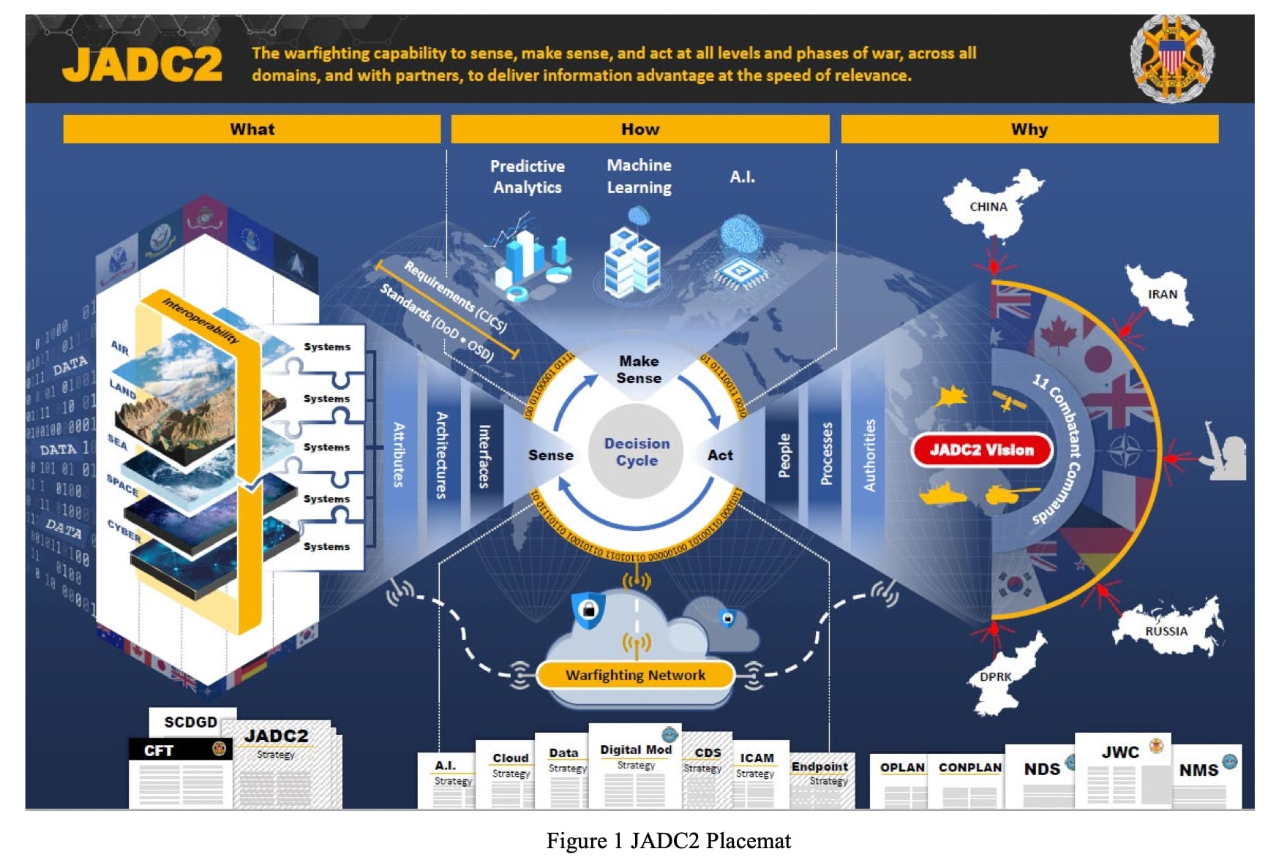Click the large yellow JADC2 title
coord(142,64)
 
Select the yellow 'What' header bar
coord(252,129)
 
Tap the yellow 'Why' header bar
coord(1029,129)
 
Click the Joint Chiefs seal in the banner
coord(1171,58)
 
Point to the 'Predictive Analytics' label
coord(527,177)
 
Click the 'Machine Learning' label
coord(639,176)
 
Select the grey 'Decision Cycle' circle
coord(637,452)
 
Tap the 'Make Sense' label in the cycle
coord(639,369)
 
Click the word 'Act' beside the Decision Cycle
coord(720,455)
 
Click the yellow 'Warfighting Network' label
coord(635,675)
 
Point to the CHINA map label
coord(988,207)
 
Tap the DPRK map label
coord(995,677)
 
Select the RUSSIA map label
coord(1166,631)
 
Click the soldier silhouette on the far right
coord(1226,452)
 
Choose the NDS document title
coord(1042,769)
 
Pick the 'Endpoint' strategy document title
coord(819,766)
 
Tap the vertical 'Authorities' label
coord(869,455)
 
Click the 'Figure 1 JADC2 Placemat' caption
coord(668,841)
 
